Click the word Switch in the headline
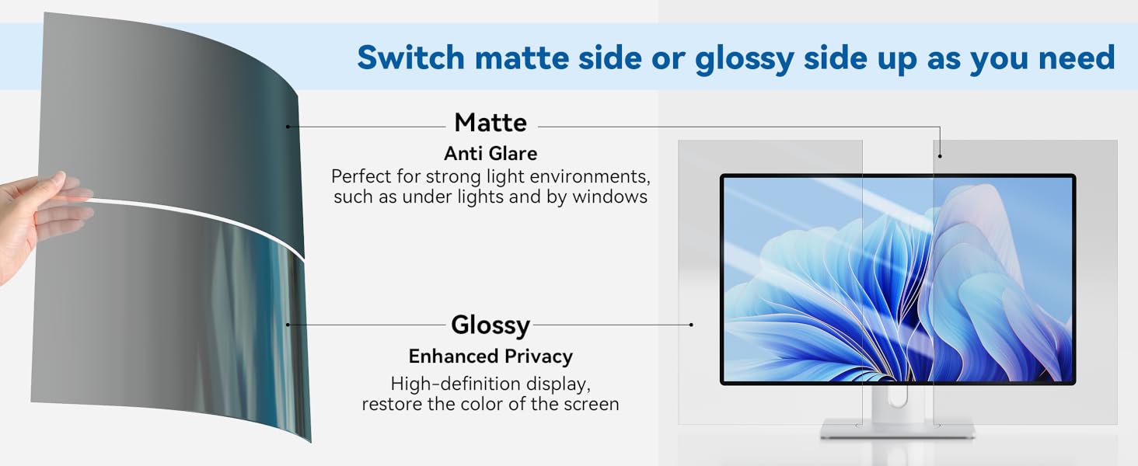pos(410,57)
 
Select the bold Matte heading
pos(490,123)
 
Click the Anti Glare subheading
pos(490,153)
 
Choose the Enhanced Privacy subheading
pos(490,356)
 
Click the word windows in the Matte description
pos(609,197)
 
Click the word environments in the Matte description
pos(587,176)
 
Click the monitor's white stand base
pos(897,429)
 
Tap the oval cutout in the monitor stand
pos(898,396)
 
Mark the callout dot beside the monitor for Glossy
pos(691,325)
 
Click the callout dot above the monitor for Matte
pos(940,156)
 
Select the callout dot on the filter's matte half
pos(288,127)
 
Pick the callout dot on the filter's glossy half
pos(288,325)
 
